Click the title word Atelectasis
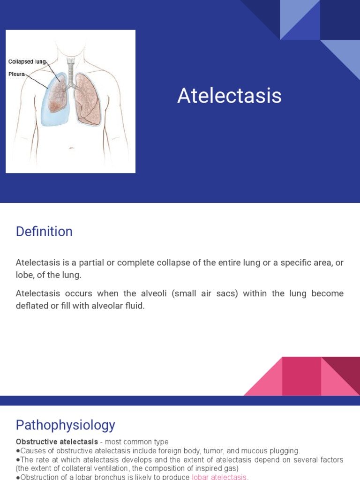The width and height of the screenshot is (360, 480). (x=229, y=96)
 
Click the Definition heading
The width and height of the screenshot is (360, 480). (x=44, y=232)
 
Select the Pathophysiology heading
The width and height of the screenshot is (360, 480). (x=65, y=425)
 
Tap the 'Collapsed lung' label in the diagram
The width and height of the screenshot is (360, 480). (x=27, y=61)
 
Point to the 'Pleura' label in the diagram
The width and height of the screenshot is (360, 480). (x=16, y=74)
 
